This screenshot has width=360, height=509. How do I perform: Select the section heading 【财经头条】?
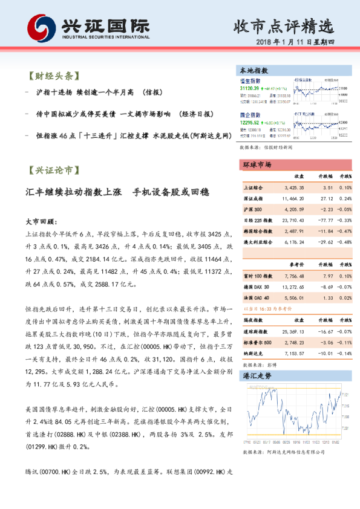(53, 77)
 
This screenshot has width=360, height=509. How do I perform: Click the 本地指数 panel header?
(255, 71)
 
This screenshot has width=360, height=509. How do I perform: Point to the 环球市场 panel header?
(257, 165)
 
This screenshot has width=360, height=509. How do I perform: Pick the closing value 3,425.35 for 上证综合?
(293, 188)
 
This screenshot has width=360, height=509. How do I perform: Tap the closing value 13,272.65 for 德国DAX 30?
(292, 286)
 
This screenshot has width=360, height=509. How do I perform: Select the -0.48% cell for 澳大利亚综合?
(344, 242)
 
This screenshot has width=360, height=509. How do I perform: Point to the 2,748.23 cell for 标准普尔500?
(293, 342)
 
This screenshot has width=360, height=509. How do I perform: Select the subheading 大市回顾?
(42, 221)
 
